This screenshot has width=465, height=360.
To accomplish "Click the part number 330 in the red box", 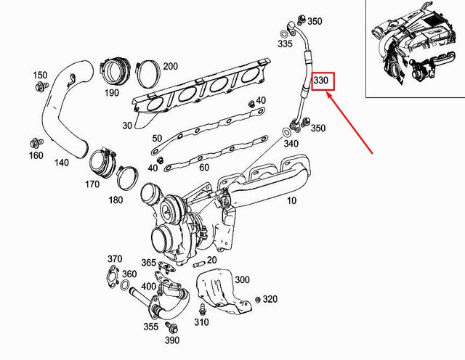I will (x=322, y=81).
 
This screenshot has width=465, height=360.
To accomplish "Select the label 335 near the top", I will (x=286, y=44).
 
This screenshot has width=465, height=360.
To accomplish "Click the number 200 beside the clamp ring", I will (x=170, y=67).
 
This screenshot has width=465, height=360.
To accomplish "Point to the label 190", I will (x=112, y=94).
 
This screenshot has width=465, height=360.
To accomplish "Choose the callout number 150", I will (x=40, y=75).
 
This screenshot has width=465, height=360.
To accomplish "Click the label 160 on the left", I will (x=36, y=155).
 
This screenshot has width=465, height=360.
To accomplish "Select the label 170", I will (x=93, y=184).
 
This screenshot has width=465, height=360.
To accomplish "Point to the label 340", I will (x=291, y=144).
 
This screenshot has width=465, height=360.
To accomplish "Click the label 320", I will (x=270, y=299).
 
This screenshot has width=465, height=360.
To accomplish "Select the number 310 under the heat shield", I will (x=201, y=322).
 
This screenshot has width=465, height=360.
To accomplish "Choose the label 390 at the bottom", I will (x=171, y=340).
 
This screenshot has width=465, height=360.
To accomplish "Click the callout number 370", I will (x=115, y=258).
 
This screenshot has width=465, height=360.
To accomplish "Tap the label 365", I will (x=148, y=263).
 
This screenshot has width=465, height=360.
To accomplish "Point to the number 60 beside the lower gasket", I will (x=203, y=168).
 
